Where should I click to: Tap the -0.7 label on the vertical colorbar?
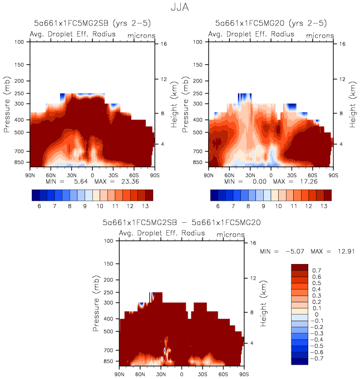click(x=316, y=359)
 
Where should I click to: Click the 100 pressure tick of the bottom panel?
click(x=109, y=241)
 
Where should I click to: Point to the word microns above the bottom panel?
click(x=229, y=235)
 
